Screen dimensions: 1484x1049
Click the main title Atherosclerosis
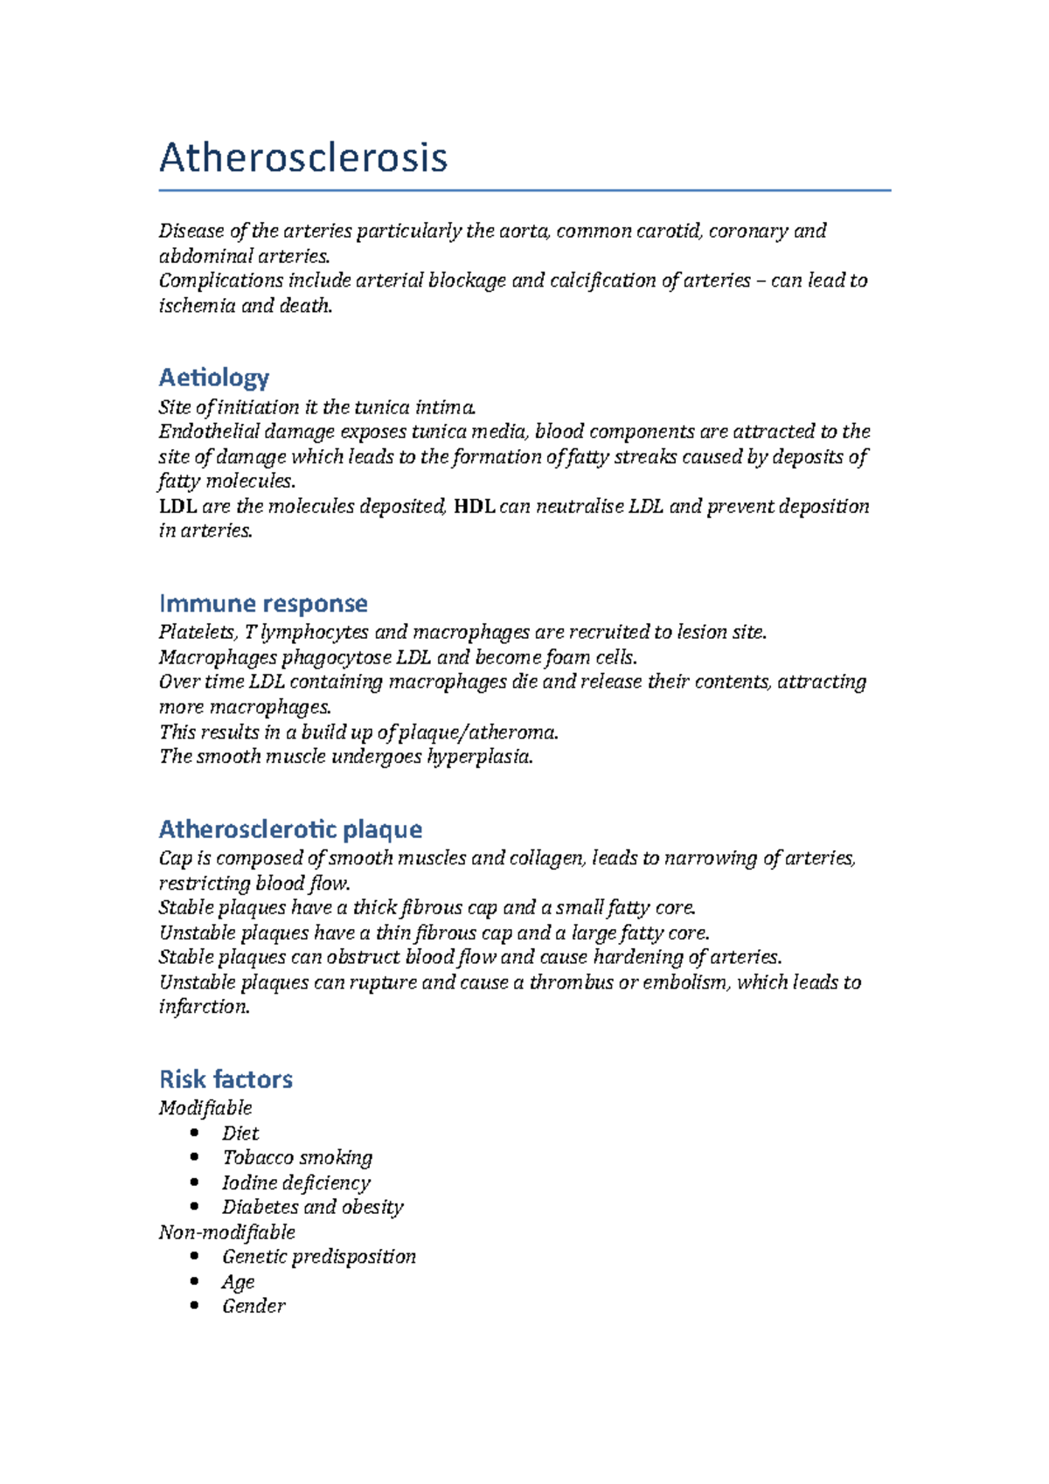(x=302, y=158)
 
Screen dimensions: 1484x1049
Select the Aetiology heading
(x=213, y=378)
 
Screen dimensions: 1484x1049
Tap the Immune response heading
(x=263, y=603)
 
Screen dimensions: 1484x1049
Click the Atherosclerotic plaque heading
(x=290, y=829)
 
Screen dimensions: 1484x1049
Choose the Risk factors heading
(x=226, y=1078)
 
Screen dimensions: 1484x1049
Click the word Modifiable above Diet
(x=205, y=1108)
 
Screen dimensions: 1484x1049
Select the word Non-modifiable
(x=226, y=1232)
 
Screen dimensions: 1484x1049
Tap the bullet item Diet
(x=240, y=1134)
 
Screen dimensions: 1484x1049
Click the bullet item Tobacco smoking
(x=297, y=1158)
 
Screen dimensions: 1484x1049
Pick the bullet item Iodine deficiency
(x=295, y=1182)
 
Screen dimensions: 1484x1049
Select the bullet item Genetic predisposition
(x=318, y=1257)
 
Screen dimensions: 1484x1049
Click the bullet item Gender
(x=254, y=1307)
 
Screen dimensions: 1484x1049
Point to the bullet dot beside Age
(x=194, y=1281)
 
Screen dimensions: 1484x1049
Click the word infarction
(x=204, y=1007)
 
